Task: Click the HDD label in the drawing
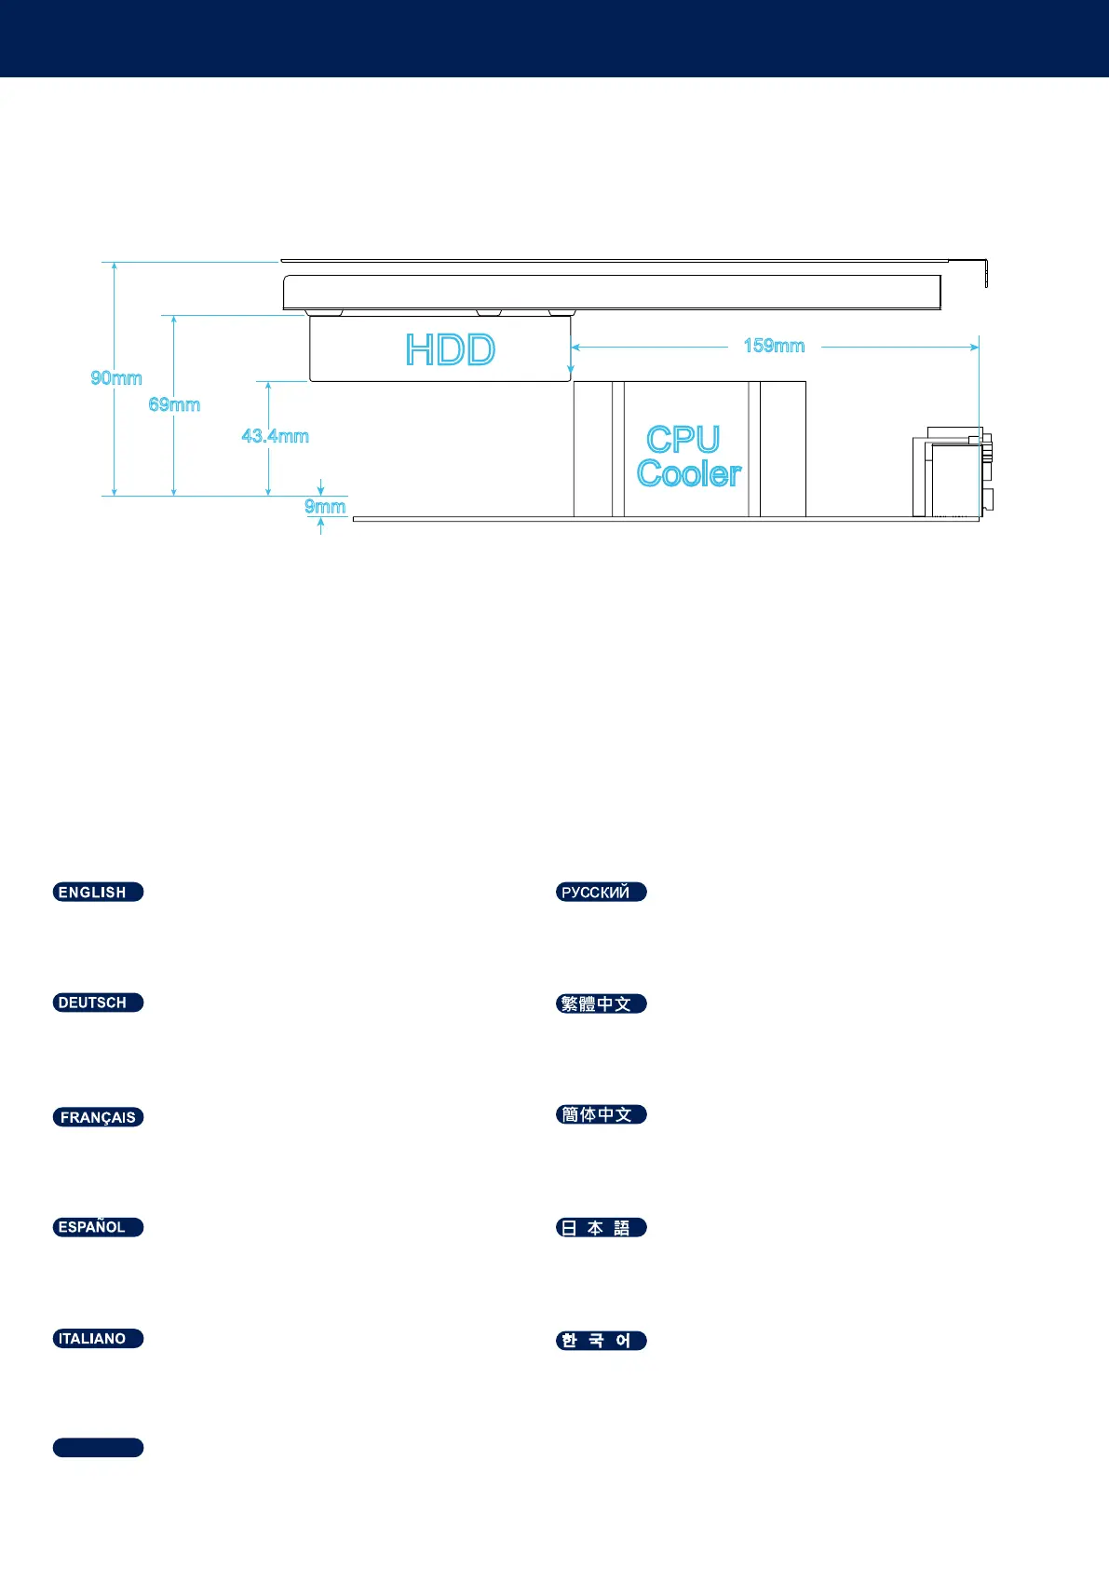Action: (x=451, y=350)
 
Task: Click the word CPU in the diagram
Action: (x=683, y=440)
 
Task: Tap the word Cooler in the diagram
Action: (x=689, y=473)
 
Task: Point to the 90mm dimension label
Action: (x=116, y=377)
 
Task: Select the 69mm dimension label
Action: (x=174, y=404)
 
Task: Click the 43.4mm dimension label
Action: (x=275, y=435)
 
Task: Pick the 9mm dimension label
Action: (x=325, y=506)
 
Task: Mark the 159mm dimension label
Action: (x=774, y=346)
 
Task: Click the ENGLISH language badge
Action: (x=98, y=892)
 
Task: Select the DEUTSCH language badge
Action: (x=98, y=1003)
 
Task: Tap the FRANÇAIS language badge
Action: (x=98, y=1117)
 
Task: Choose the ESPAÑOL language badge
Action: (x=98, y=1227)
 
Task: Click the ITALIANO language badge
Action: (x=98, y=1339)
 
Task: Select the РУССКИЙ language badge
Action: (x=601, y=892)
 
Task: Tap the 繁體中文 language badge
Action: (x=601, y=1003)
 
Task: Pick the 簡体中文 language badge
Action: (x=601, y=1114)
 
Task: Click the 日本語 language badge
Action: (x=601, y=1228)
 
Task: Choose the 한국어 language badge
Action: (x=601, y=1341)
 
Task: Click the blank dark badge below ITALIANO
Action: (x=98, y=1447)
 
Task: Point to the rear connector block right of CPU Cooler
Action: (x=952, y=475)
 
